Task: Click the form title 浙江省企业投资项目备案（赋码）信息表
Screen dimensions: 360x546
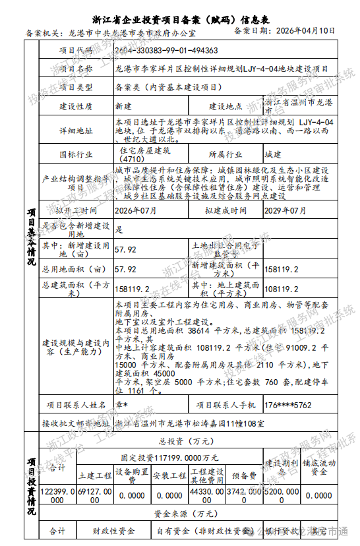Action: pos(180,19)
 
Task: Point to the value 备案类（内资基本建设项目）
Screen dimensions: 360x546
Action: pos(168,86)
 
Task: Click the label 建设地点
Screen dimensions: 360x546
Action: pos(226,106)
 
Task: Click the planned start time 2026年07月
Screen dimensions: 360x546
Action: pos(136,210)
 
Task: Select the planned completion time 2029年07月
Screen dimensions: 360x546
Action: pos(285,210)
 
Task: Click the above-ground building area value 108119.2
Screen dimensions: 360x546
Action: pos(282,288)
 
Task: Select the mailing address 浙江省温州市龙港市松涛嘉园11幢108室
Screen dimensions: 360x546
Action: pos(189,423)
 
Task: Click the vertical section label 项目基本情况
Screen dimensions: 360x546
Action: pos(31,237)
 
